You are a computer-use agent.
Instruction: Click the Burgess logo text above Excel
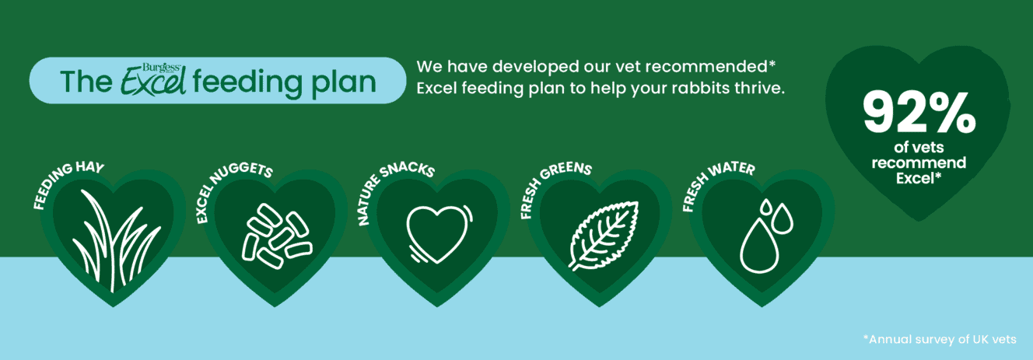tap(162, 68)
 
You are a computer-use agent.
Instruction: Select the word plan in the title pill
tap(344, 83)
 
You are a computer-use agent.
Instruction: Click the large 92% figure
tap(919, 113)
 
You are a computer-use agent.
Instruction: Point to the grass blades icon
tap(116, 240)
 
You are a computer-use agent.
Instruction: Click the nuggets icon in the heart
tap(277, 236)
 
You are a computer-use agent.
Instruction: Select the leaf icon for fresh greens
tap(603, 235)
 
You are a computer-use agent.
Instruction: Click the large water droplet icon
tap(758, 246)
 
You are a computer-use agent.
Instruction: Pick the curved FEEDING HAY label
tap(65, 183)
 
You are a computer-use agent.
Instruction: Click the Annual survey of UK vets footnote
tap(940, 340)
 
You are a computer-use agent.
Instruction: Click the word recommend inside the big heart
tap(919, 163)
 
